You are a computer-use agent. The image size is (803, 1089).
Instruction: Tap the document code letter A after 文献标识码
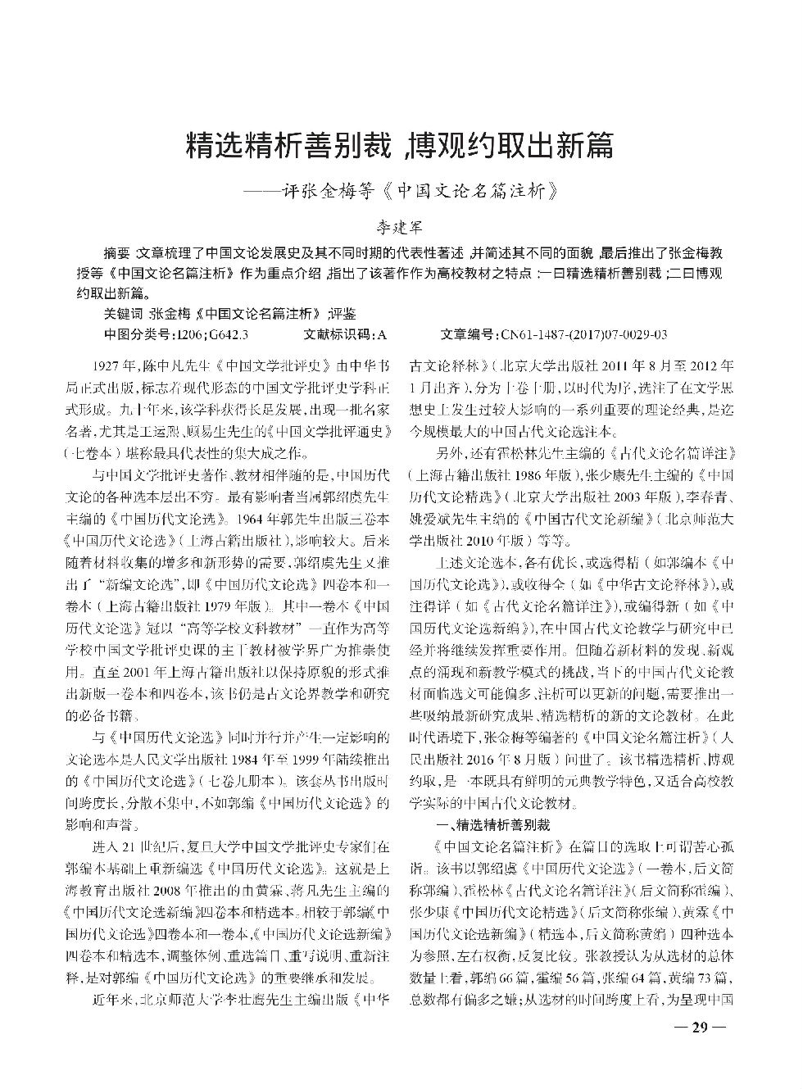[x=383, y=334]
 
